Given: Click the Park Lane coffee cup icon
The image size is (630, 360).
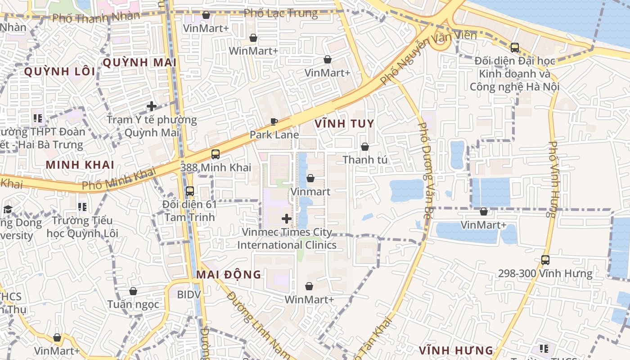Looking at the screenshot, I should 274,121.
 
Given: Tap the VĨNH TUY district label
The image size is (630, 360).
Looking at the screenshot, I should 344,123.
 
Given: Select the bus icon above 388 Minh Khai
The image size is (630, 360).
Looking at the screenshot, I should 216,154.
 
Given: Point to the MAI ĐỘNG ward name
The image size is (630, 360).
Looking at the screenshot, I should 229,274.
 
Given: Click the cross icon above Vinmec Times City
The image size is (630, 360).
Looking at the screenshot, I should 286,219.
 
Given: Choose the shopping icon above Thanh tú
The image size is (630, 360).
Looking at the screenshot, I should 365,147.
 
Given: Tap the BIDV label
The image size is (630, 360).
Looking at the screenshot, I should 189,294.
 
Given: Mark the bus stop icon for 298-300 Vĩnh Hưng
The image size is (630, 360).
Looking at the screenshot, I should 545,260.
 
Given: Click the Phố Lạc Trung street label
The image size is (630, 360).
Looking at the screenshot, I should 281,13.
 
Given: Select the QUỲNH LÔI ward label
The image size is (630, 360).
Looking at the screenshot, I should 60,72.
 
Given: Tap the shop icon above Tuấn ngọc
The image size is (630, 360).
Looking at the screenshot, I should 133,292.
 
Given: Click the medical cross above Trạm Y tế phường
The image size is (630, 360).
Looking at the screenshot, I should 152,107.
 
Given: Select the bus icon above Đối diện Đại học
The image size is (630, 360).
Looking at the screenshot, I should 514,47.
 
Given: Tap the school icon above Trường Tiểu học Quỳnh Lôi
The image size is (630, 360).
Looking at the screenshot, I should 82,207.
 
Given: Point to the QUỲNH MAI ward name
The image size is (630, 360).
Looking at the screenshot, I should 139,63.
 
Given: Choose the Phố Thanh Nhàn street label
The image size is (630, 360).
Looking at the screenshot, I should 96,18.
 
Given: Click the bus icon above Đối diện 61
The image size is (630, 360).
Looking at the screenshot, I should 189,191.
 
